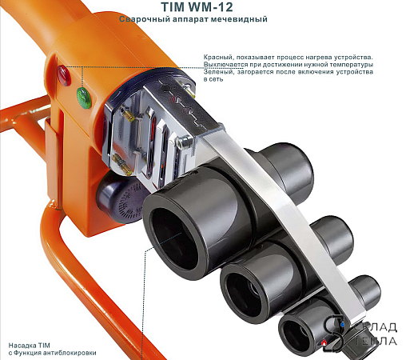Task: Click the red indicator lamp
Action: [64, 75]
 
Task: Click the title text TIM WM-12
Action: [197, 7]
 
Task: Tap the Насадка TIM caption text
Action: [30, 346]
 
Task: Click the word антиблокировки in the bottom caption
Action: [70, 353]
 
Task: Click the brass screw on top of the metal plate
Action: [189, 90]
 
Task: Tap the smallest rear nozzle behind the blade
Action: [365, 290]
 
